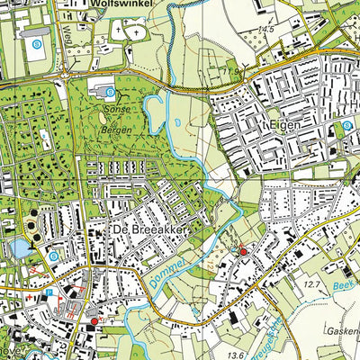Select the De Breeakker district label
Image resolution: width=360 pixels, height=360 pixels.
(149, 231)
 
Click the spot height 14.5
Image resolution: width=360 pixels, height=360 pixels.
(265, 31)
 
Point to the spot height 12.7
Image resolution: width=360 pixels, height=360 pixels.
(311, 286)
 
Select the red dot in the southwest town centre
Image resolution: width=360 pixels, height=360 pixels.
(94, 320)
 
